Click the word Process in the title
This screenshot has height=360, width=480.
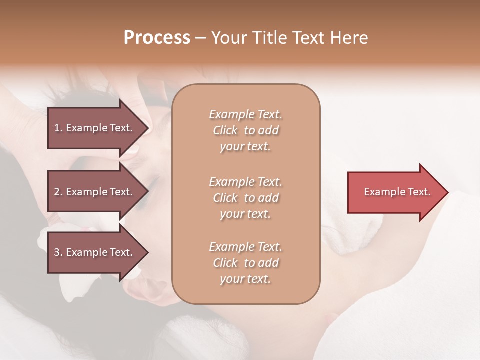(157, 38)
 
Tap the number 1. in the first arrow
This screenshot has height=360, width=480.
(58, 128)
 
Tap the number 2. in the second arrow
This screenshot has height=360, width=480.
(58, 192)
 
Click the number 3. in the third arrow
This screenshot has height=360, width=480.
(58, 252)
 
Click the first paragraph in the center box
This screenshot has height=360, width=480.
(245, 130)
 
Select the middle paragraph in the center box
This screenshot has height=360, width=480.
(245, 198)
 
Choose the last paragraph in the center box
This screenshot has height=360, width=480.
(245, 263)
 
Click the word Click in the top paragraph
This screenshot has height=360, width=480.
(225, 130)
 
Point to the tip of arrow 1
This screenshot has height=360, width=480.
(148, 128)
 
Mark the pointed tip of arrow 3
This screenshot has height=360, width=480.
(148, 252)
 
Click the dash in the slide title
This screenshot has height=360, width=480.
(200, 38)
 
